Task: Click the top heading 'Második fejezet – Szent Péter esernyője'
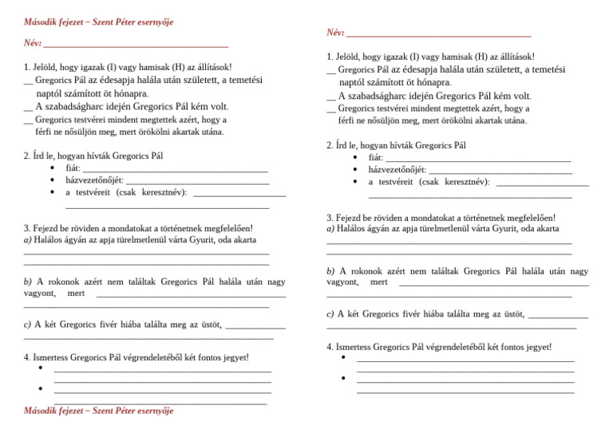coord(99,21)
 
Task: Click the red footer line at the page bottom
coord(99,411)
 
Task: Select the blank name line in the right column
coord(439,33)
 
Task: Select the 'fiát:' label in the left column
coord(73,168)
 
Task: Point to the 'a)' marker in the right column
coord(332,229)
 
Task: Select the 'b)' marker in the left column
coord(29,281)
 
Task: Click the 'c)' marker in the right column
coord(332,314)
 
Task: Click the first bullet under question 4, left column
coord(40,368)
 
